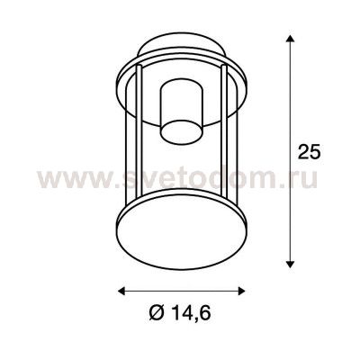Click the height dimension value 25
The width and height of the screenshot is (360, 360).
click(x=309, y=151)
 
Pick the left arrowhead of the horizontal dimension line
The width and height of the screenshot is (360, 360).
click(x=122, y=290)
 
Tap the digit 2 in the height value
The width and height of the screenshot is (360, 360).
click(x=303, y=151)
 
